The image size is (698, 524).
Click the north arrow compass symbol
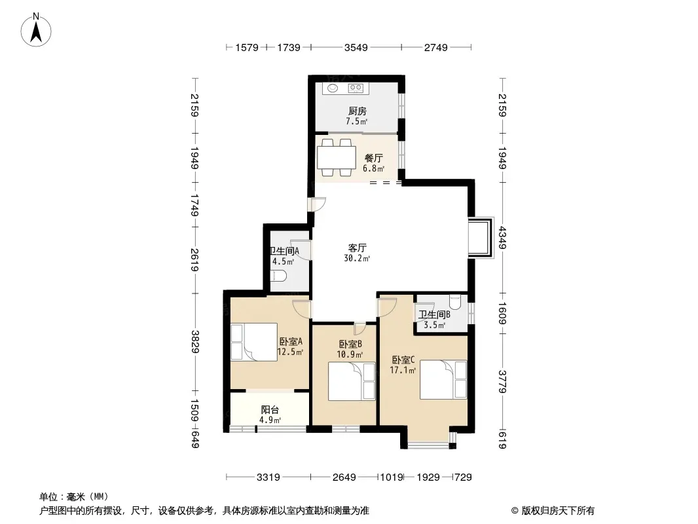[36, 30]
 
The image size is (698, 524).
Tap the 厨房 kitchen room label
[358, 111]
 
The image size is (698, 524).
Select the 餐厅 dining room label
[373, 158]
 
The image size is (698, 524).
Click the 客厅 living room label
[357, 248]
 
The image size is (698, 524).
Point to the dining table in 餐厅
[337, 157]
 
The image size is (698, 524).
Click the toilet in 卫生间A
[279, 276]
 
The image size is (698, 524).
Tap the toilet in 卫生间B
[455, 303]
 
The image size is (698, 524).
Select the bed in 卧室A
[254, 342]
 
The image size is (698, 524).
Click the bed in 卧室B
[352, 381]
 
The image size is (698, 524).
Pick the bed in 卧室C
[443, 380]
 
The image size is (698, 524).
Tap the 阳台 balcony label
[270, 409]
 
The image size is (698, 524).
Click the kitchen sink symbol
[333, 88]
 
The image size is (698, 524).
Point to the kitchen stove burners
[356, 88]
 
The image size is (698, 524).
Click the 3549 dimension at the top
[356, 47]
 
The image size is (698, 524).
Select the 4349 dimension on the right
[503, 238]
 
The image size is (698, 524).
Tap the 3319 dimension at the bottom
[268, 477]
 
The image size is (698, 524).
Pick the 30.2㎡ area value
[357, 258]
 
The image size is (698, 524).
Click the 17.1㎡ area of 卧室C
[403, 370]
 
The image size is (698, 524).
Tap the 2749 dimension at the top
[436, 47]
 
